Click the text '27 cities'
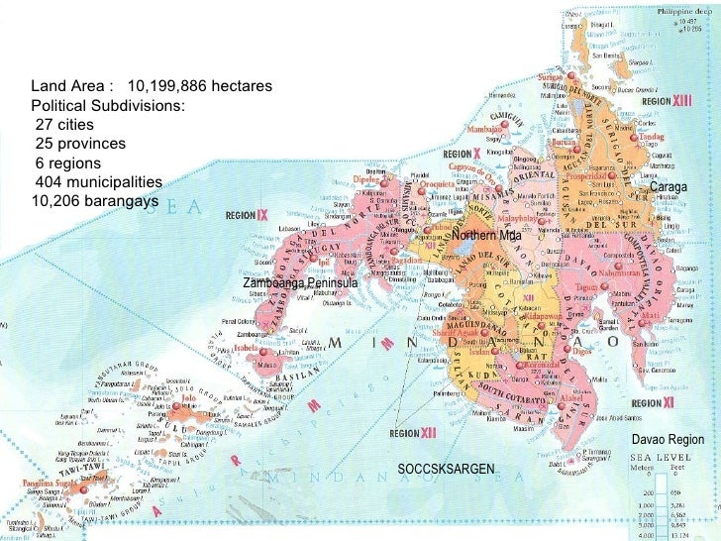click(67, 125)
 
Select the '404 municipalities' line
click(98, 181)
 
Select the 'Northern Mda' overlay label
click(485, 236)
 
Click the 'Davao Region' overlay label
click(667, 439)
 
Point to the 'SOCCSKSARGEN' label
click(445, 468)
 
